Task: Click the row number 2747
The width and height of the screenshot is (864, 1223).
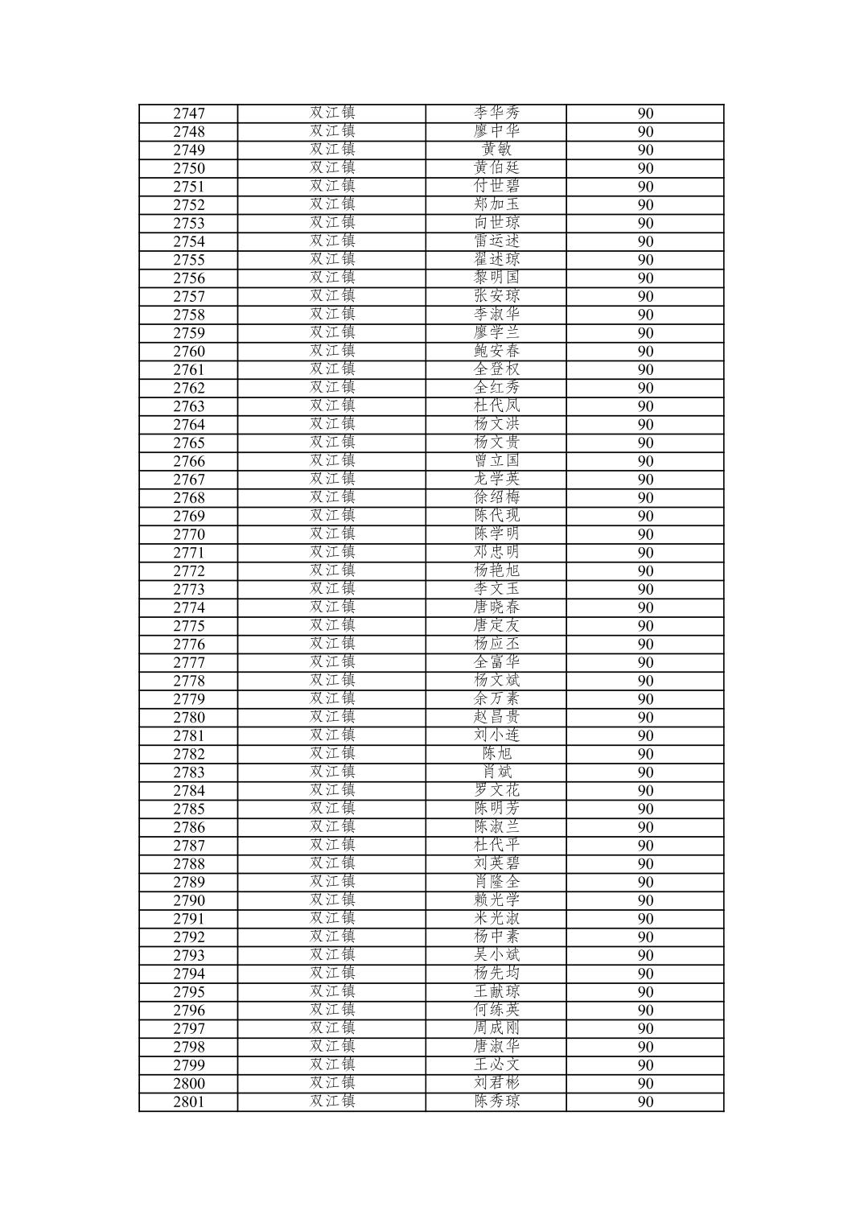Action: coord(188,113)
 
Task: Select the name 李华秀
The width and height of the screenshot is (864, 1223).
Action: coord(496,113)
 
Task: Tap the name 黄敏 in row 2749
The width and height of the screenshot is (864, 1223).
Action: coord(496,150)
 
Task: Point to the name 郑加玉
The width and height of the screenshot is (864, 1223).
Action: coord(496,204)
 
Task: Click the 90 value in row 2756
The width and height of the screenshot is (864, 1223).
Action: coord(645,278)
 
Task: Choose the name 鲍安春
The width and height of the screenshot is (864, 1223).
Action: coord(496,351)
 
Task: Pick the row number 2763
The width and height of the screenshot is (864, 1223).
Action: coord(188,406)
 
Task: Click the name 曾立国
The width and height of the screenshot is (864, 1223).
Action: coord(496,461)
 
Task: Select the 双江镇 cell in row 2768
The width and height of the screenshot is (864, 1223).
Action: coord(332,497)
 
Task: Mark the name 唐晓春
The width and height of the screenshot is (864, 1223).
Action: coord(496,607)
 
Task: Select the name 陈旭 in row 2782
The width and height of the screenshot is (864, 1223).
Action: coord(496,754)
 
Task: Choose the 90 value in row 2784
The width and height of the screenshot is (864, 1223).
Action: coord(645,791)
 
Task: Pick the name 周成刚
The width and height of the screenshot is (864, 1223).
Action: coord(496,1028)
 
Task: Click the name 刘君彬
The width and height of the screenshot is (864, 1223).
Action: coord(496,1083)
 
